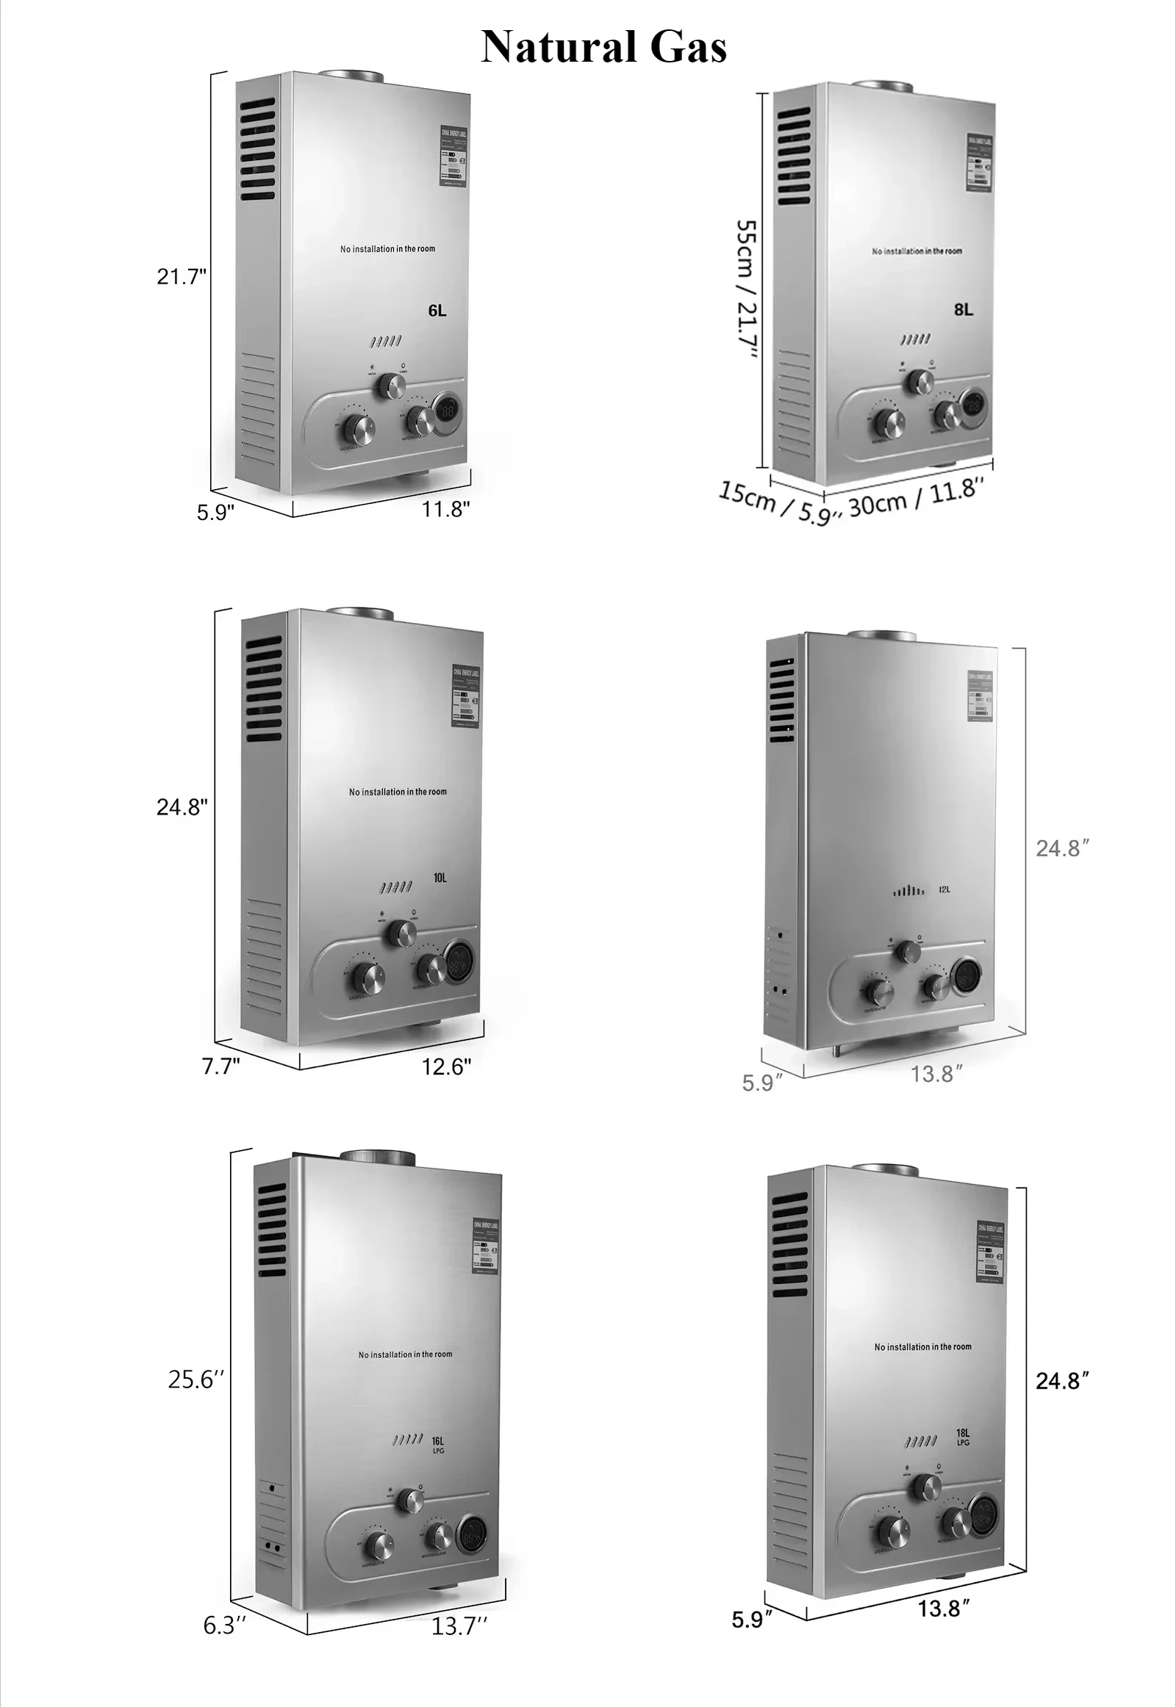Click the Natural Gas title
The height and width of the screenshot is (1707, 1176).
point(603,47)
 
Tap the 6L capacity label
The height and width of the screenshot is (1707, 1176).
point(437,311)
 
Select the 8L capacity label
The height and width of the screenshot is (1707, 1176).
point(963,310)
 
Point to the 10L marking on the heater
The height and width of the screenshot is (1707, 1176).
point(440,878)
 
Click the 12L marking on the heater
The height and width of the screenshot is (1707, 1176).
point(944,889)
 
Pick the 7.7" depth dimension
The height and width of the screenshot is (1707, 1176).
point(221,1066)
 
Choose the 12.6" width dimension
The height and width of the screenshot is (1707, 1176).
point(446,1067)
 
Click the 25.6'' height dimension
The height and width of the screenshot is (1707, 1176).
point(196,1379)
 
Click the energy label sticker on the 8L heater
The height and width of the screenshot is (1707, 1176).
point(978,164)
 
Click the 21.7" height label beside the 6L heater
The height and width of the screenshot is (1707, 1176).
point(182,277)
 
